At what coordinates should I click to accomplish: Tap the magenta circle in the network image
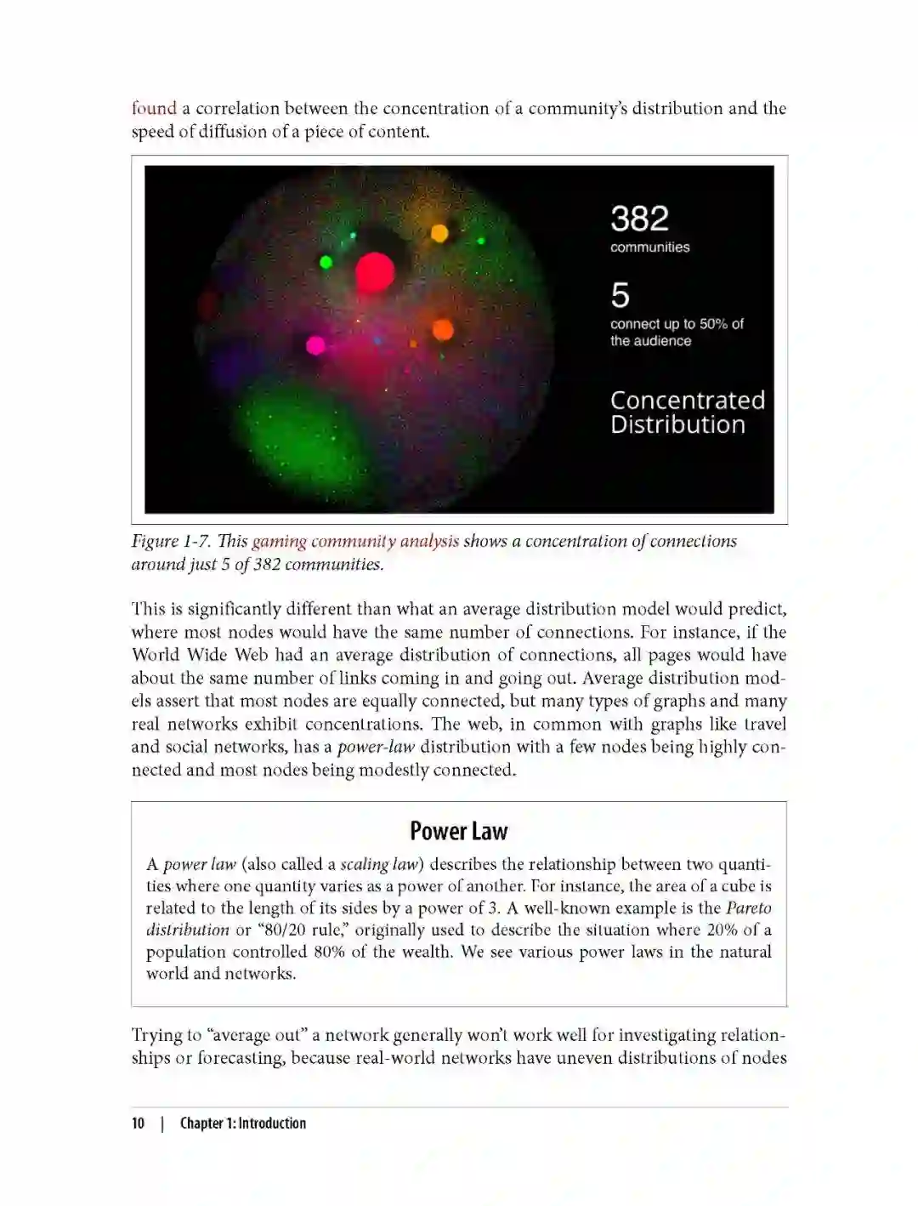click(315, 344)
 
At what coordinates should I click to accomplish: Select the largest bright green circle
click(326, 262)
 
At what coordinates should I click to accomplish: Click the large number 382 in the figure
click(639, 219)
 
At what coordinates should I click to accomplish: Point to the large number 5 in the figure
click(620, 295)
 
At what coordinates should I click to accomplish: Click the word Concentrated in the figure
click(687, 400)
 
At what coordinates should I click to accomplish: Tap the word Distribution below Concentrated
click(677, 424)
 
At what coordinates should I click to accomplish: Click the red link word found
click(154, 108)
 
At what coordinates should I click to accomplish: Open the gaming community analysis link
click(355, 541)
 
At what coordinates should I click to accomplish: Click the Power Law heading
click(458, 830)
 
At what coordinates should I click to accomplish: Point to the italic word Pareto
click(748, 907)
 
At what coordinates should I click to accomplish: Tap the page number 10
click(138, 1123)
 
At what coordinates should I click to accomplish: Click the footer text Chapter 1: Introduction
click(242, 1123)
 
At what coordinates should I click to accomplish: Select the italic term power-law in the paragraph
click(376, 747)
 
